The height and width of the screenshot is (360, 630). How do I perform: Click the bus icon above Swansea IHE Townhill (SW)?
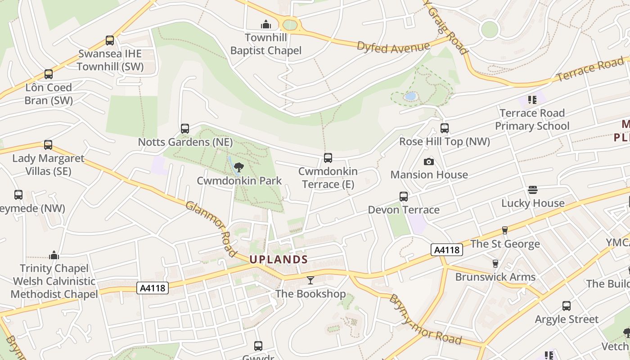pos(110,40)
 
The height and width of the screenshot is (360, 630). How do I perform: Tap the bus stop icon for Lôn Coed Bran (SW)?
pos(48,74)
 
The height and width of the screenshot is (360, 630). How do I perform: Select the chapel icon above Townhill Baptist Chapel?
pos(266,24)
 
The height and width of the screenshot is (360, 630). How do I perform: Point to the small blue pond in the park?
pos(410,96)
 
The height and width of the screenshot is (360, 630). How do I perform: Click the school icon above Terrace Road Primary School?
pos(532,100)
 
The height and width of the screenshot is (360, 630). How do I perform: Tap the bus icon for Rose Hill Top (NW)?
pos(445,128)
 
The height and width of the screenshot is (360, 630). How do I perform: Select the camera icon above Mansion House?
pos(429,162)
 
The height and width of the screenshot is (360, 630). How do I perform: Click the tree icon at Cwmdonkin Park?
pos(239,167)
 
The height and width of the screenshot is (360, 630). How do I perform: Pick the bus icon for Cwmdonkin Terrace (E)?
pos(328,158)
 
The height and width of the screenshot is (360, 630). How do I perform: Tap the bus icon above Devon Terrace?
pos(404,197)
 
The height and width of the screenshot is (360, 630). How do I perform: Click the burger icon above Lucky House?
pos(533,190)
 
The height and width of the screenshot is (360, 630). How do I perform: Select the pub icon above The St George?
pos(504,230)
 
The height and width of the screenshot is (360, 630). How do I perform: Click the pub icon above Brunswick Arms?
pos(495,263)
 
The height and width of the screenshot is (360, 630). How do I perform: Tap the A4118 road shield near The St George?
pos(446,250)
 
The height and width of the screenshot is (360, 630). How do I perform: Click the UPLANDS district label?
pos(279,260)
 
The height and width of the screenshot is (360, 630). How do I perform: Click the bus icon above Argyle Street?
pos(567,306)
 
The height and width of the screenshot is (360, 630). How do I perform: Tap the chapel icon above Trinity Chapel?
pos(54,255)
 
